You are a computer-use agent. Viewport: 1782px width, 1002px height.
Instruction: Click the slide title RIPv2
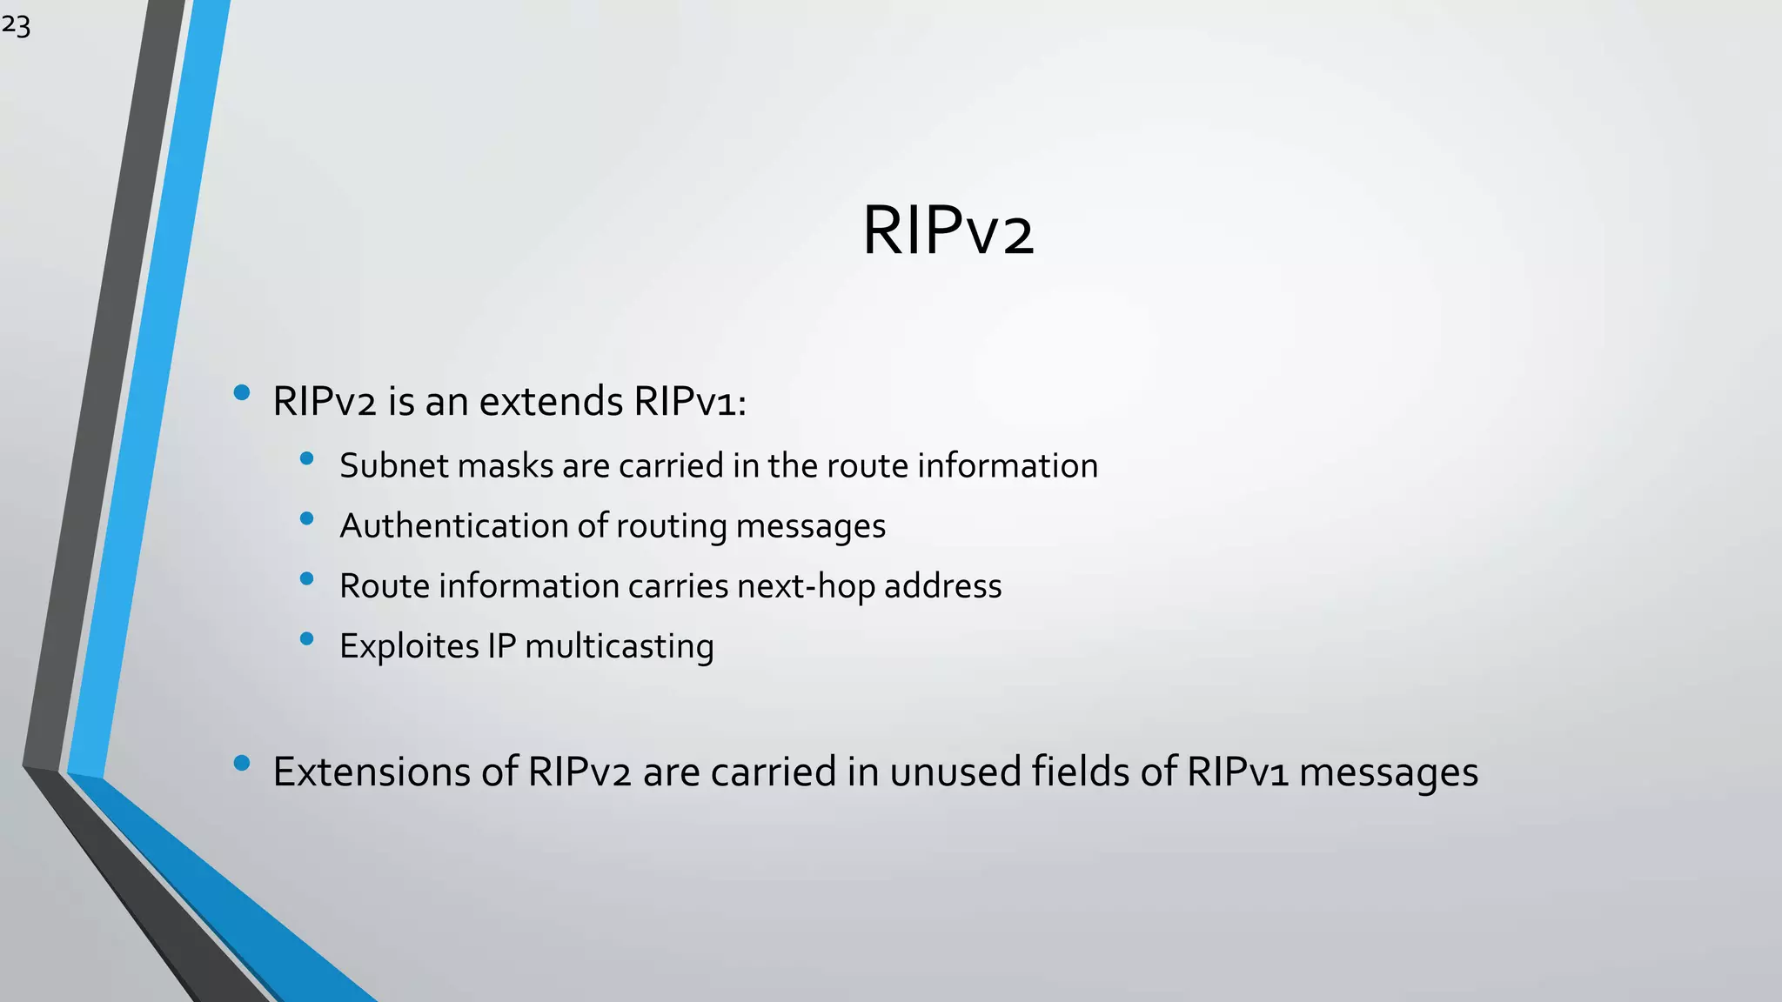click(948, 231)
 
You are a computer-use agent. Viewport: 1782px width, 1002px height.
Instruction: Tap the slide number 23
click(16, 26)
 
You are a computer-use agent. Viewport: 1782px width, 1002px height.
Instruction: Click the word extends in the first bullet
click(551, 402)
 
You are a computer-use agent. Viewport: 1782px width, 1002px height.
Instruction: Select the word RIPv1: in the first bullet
click(690, 402)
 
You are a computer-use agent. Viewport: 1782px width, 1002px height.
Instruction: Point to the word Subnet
click(393, 466)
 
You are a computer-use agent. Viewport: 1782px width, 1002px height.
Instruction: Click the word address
click(943, 586)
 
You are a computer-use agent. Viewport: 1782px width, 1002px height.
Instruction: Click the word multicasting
click(620, 646)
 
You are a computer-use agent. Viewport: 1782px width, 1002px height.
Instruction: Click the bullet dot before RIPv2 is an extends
click(242, 393)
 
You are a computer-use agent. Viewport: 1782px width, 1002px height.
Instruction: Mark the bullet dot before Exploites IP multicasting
click(306, 639)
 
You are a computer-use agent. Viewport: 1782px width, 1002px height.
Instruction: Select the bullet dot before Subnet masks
click(306, 458)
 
